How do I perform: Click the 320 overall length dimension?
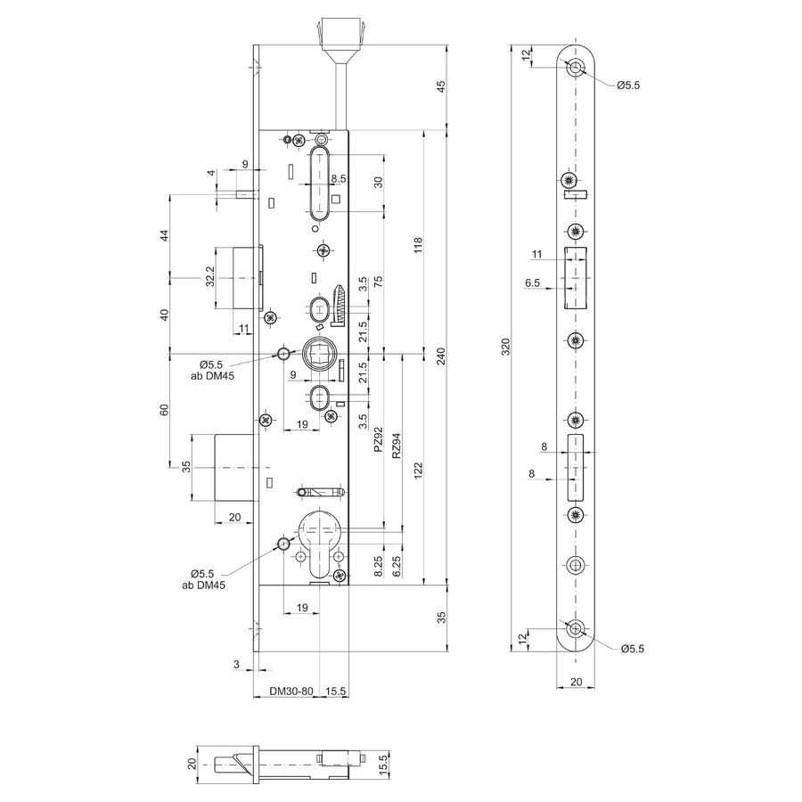tap(505, 347)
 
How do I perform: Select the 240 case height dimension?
tap(441, 356)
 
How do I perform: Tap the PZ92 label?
tap(378, 440)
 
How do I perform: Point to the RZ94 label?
tap(396, 445)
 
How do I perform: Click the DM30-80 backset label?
tap(291, 691)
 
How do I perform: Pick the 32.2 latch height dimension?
tap(209, 276)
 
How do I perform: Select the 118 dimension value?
tap(419, 245)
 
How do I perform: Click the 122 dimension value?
tap(419, 471)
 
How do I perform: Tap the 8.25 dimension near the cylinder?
tap(379, 566)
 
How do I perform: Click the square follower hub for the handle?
tap(319, 352)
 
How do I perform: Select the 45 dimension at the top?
tap(441, 86)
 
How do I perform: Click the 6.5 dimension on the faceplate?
tap(533, 282)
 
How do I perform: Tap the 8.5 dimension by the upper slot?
tap(338, 178)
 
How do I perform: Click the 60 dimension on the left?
tap(164, 410)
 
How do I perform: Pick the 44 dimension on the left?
tap(164, 236)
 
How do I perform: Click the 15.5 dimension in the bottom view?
tap(385, 765)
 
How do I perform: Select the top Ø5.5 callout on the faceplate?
tap(628, 86)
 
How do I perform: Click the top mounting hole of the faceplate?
tap(577, 67)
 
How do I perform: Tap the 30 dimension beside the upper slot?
tap(378, 182)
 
